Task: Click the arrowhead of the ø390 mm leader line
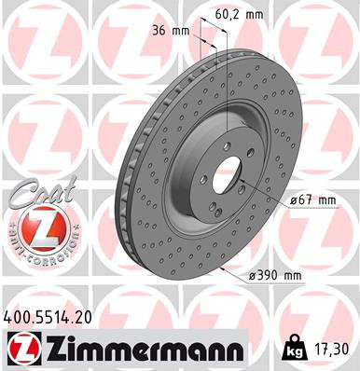(x=225, y=264)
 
